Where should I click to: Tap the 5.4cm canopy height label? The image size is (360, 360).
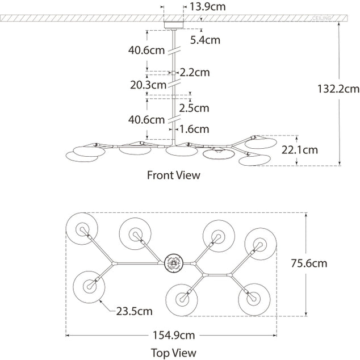[x=205, y=40]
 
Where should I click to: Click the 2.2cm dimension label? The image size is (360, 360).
[x=195, y=73]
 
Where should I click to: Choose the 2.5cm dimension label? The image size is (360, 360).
[x=194, y=107]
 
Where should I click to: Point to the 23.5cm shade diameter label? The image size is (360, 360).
[x=135, y=311]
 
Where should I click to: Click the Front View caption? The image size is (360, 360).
[x=174, y=175]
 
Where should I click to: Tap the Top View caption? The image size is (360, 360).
[x=173, y=353]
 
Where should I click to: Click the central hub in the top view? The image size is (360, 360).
[x=173, y=262]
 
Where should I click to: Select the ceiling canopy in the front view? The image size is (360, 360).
[x=174, y=24]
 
